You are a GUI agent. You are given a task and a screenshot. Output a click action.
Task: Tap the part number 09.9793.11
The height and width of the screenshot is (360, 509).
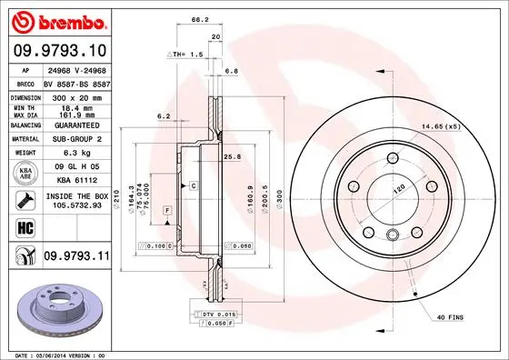click(x=75, y=257)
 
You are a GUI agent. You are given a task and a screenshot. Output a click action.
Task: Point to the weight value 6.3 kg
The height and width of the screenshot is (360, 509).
click(x=75, y=153)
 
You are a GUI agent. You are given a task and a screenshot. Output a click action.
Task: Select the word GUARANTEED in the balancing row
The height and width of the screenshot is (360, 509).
click(x=76, y=125)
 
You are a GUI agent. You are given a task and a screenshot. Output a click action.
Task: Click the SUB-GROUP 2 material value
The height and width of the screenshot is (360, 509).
click(x=76, y=139)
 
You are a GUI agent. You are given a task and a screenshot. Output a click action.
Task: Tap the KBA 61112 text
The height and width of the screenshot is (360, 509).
click(x=76, y=181)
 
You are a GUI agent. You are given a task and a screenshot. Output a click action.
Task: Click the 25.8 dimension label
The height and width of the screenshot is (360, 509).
click(x=232, y=156)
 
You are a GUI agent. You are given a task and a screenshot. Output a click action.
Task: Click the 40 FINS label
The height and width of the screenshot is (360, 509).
click(x=450, y=315)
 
